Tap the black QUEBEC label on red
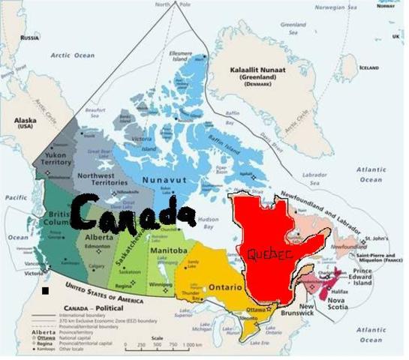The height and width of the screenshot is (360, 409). point(269,254)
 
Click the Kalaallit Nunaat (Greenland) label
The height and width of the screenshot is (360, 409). point(258,72)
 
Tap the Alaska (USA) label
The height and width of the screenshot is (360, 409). point(26,122)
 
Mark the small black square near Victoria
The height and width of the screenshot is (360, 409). point(45,290)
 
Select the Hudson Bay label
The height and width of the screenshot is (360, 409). point(209,223)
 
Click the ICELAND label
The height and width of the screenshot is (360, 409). point(368,67)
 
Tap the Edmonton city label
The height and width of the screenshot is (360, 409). point(97,247)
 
